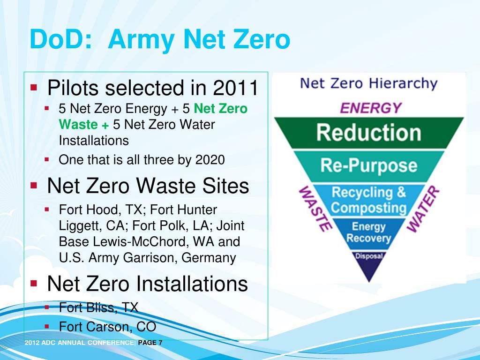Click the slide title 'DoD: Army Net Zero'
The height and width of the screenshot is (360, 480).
point(159,39)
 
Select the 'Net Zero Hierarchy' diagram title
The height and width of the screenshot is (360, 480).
point(368,84)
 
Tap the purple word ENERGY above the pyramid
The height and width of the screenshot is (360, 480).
point(371,108)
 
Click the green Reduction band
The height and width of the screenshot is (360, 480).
point(368,133)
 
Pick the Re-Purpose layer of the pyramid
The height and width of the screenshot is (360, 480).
point(368,165)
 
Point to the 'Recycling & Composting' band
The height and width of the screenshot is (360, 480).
point(368,200)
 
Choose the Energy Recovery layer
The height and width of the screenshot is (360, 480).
point(368,232)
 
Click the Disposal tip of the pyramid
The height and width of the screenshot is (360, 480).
point(369,257)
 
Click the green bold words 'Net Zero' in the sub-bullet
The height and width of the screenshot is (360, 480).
point(220,109)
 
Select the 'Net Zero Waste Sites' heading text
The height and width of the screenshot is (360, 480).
point(148,186)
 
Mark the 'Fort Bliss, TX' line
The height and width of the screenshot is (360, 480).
point(98,307)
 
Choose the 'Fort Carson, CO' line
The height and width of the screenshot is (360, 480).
point(107,326)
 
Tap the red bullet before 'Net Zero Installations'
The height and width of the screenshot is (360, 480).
point(34,283)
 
